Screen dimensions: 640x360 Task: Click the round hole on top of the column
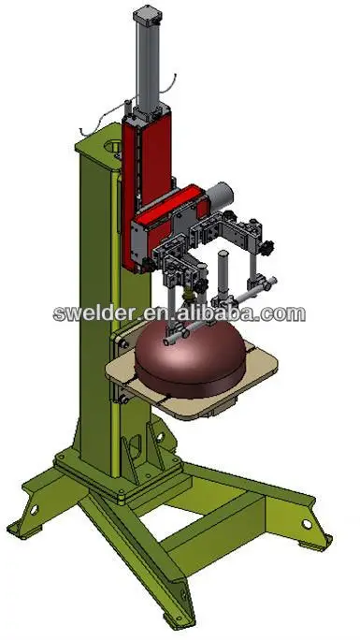(110, 147)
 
